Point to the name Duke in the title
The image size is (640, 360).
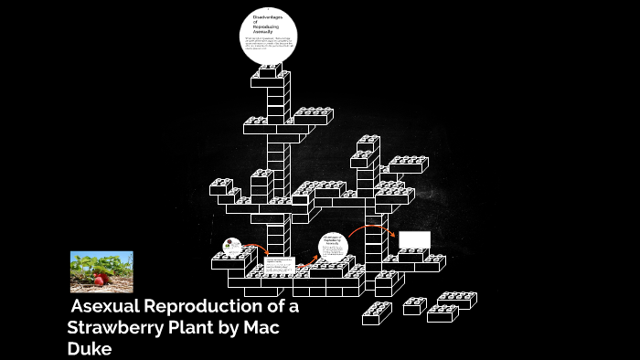tap(89, 348)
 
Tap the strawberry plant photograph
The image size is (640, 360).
tap(101, 271)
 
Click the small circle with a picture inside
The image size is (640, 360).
tap(232, 246)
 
